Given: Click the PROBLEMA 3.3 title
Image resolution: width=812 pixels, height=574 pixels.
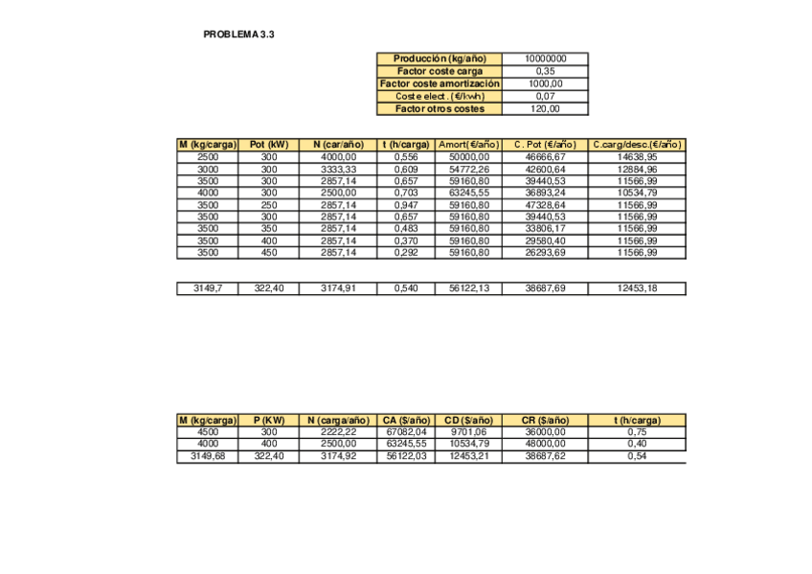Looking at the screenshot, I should pos(239,34).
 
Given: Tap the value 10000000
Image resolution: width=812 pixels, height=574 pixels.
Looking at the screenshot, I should pos(546,58).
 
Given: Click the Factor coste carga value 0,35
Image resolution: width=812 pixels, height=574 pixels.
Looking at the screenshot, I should pos(546,71).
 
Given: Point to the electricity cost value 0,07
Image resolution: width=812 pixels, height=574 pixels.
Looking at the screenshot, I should pos(546,96).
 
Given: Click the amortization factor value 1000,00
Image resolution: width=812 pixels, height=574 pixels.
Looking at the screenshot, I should pos(546,83).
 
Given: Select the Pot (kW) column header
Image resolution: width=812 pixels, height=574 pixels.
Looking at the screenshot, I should pos(269,145).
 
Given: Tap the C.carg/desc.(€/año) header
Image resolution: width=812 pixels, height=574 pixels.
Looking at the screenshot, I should pos(638,145).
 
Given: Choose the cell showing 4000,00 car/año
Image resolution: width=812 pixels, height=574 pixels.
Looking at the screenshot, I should pos(337,156).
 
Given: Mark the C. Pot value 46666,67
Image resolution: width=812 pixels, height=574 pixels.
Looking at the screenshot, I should pos(546,156).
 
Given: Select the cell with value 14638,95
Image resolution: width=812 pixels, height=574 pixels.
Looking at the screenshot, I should pos(638,156).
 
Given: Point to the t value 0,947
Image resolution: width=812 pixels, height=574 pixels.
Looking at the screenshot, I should pos(406,204).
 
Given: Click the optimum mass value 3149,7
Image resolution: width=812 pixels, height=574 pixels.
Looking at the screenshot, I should pos(208,288).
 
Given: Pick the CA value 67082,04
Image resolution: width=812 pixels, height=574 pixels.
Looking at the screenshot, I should pos(406,432).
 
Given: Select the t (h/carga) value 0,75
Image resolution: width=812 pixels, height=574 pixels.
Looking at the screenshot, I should pos(638,432).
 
